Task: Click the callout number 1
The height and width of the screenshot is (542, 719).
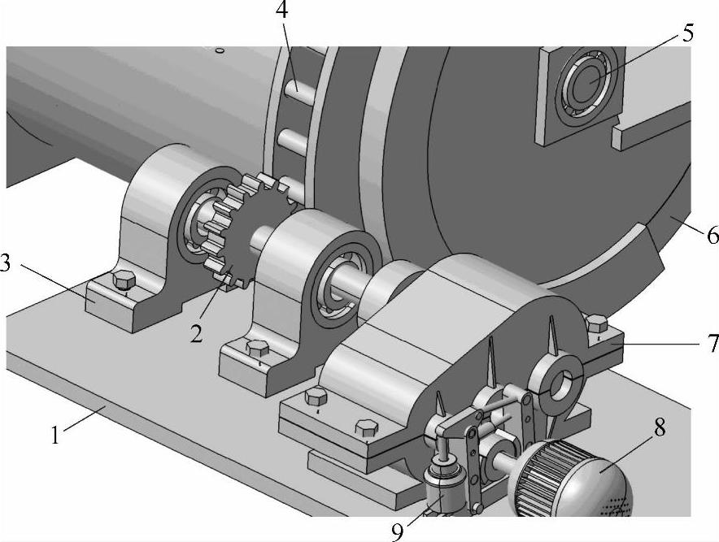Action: click(x=55, y=435)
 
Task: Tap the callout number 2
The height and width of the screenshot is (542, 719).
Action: click(x=196, y=335)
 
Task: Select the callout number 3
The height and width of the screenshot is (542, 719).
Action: click(x=6, y=264)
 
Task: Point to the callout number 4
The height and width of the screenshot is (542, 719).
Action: click(x=282, y=10)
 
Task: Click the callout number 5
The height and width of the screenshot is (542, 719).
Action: click(x=688, y=33)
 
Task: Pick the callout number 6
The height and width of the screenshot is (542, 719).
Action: click(x=712, y=235)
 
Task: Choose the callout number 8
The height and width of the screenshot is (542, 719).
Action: click(x=660, y=427)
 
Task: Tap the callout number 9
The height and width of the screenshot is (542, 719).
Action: click(x=398, y=531)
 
